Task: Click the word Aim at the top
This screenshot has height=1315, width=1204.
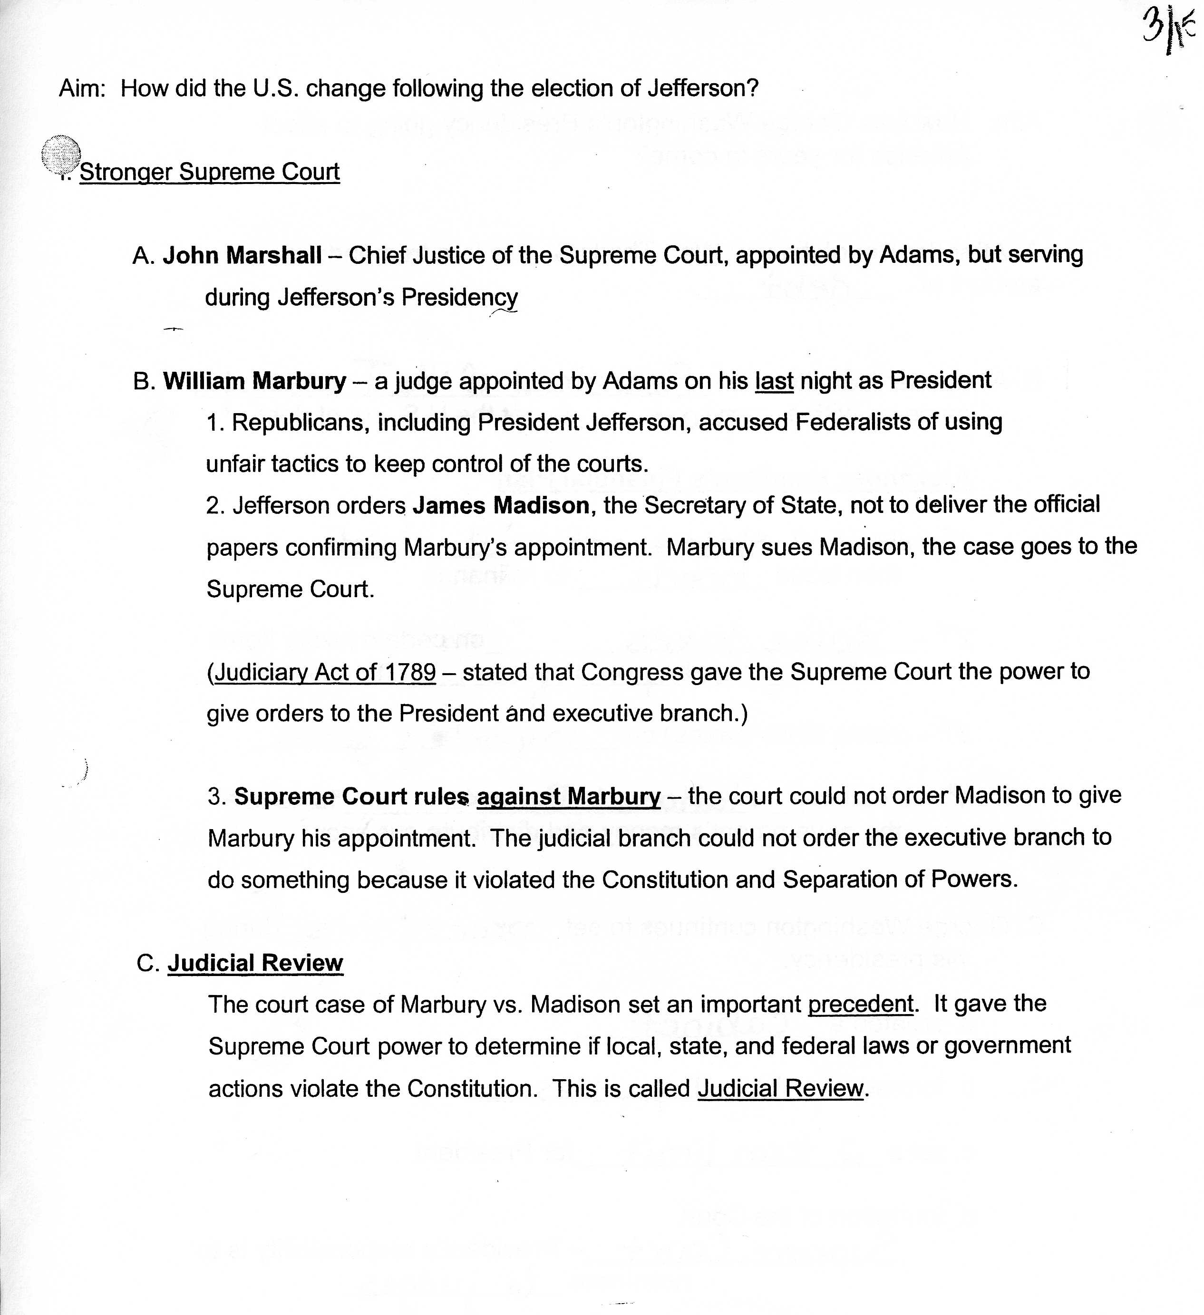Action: pos(81,88)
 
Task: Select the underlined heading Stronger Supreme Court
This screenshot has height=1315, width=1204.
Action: pos(210,172)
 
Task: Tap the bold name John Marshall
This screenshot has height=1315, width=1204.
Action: pos(242,255)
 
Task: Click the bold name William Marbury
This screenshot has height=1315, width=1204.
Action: pos(254,380)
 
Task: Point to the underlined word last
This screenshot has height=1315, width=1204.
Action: pos(774,380)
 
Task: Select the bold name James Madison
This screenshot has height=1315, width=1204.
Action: pos(501,505)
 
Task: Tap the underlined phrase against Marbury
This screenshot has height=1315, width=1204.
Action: pos(568,796)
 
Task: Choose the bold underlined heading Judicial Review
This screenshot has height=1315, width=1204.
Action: pos(255,963)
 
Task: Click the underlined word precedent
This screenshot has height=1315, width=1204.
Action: pos(860,1004)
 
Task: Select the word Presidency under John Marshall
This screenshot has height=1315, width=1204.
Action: pos(459,298)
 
